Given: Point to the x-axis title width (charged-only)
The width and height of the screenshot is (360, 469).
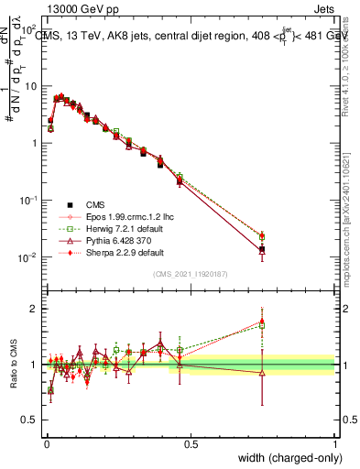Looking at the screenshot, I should click(285, 456).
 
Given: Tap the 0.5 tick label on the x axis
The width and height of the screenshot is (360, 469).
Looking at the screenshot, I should click(191, 443).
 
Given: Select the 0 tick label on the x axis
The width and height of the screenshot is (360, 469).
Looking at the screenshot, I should click(46, 443).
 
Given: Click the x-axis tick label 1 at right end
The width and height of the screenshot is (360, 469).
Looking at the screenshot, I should click(335, 443).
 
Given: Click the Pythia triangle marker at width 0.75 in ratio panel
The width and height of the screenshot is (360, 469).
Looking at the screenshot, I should click(263, 373).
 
